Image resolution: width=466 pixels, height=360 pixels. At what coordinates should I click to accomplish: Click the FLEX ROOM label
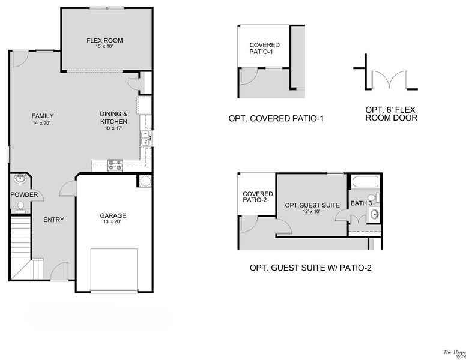[104, 41]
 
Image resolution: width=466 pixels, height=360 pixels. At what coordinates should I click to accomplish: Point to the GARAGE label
[113, 216]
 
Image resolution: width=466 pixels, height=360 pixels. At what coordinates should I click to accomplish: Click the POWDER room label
[24, 195]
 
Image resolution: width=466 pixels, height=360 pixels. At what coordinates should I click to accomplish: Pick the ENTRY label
[53, 220]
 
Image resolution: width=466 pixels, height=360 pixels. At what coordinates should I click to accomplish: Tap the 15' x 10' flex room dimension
[104, 47]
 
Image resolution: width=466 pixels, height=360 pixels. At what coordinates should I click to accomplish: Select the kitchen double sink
[145, 140]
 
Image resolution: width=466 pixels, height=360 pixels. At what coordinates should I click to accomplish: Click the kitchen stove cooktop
[115, 164]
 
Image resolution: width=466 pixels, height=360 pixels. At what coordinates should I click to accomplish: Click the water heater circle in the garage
[145, 181]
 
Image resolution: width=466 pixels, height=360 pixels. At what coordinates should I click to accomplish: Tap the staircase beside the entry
[21, 246]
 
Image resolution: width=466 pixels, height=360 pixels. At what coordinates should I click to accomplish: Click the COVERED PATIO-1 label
[264, 49]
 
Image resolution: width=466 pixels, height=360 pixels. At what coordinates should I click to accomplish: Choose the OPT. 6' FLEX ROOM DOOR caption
[391, 114]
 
